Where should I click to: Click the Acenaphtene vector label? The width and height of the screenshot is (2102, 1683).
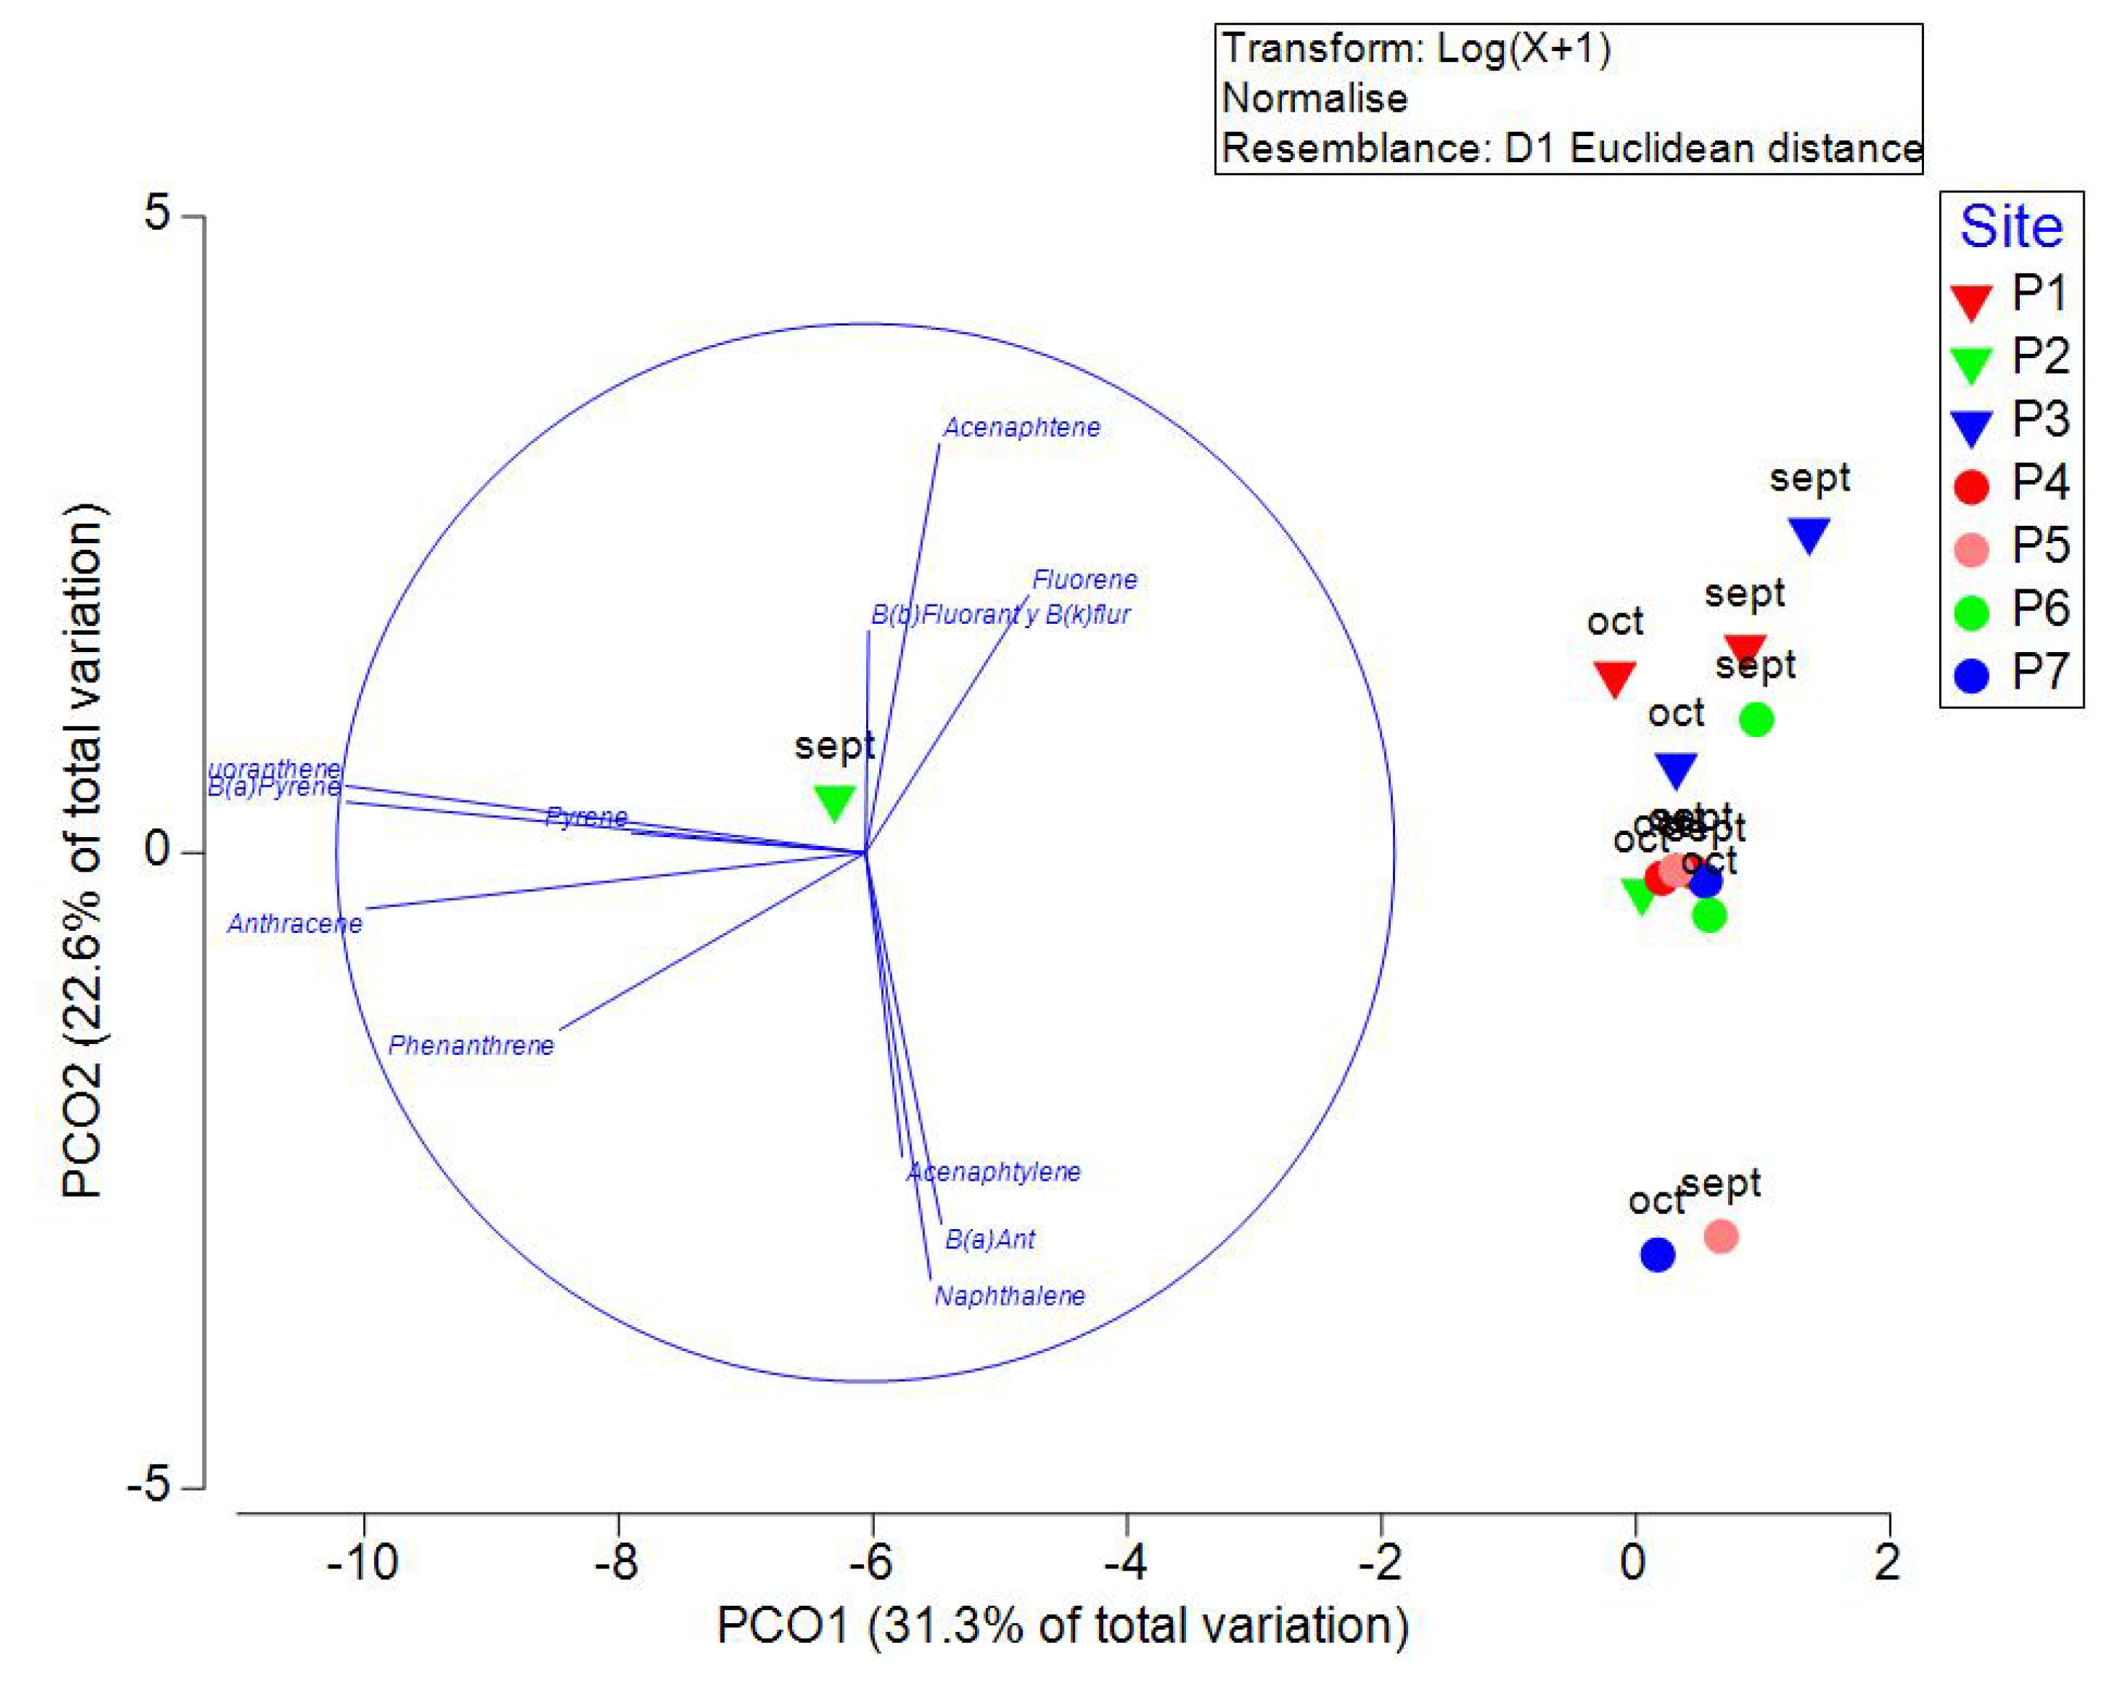click(x=1021, y=428)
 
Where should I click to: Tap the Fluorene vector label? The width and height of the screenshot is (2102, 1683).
click(x=1085, y=580)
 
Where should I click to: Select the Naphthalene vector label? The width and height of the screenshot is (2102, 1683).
click(x=1009, y=1296)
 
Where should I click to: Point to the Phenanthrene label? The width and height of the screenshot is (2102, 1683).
click(x=471, y=1045)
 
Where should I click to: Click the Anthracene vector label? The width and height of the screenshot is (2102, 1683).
click(x=295, y=924)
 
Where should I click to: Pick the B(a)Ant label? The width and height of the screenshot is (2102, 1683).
click(x=989, y=1240)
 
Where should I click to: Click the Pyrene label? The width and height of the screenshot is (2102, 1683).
click(x=586, y=817)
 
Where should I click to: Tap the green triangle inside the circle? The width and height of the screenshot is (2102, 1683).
click(x=834, y=802)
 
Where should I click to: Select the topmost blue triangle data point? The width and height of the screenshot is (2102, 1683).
click(x=1809, y=534)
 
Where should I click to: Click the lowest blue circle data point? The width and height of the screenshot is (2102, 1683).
click(x=1657, y=1255)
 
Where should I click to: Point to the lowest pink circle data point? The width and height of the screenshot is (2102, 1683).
click(x=1722, y=1236)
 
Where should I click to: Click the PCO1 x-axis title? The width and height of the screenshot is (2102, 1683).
click(x=1063, y=1625)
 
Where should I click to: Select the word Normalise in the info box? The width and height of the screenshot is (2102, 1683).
click(x=1314, y=99)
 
